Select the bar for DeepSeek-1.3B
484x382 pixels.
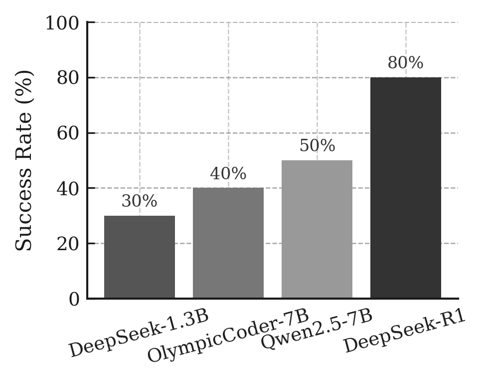[140, 257]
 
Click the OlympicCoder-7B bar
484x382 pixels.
[228, 243]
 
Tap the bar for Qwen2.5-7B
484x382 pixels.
[317, 229]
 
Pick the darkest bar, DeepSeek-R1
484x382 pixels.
[406, 188]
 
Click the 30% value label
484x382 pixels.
[140, 202]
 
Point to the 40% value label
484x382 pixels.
[228, 174]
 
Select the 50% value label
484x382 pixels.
[317, 146]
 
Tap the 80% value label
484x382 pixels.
[406, 63]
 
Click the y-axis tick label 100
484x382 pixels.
[62, 23]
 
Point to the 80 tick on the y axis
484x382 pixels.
[68, 78]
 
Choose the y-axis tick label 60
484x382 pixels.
[68, 133]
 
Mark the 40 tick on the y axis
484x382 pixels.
[68, 189]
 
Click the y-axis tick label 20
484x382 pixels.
[68, 244]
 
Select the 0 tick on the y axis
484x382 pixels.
[74, 300]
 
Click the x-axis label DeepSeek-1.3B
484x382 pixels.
[138, 335]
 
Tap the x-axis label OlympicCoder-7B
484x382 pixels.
[229, 337]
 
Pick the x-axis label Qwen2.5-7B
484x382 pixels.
[317, 331]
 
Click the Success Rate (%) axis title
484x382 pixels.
[24, 161]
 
